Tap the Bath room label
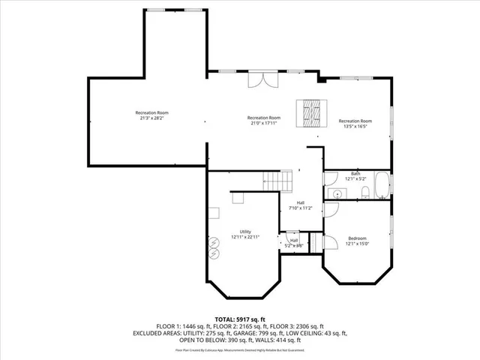tap(355, 173)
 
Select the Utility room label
tap(245, 232)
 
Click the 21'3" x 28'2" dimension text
tap(152, 118)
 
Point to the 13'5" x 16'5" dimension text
tap(355, 127)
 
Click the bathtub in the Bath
tap(382, 185)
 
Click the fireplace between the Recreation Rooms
tap(310, 113)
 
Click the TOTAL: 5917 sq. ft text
tap(239, 319)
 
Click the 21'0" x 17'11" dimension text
tap(264, 123)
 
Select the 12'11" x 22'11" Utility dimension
tap(245, 237)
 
